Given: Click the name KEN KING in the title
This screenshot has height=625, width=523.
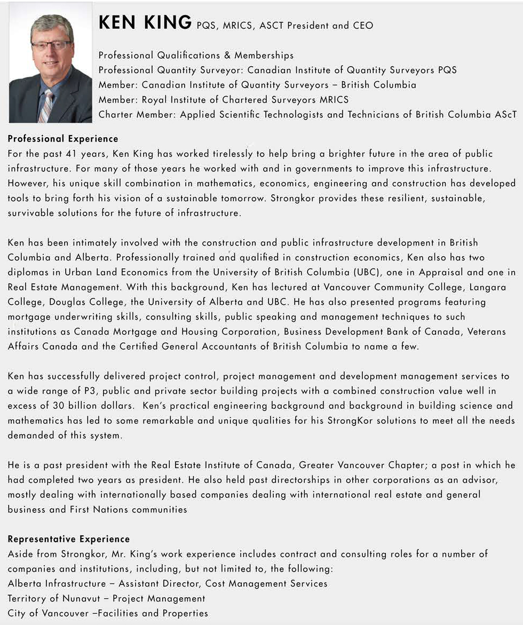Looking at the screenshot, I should point(145,23).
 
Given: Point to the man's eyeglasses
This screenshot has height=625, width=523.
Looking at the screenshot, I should point(51,45).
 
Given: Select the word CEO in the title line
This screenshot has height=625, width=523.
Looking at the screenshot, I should point(363,26).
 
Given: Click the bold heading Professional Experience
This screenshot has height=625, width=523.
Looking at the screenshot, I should point(63,139).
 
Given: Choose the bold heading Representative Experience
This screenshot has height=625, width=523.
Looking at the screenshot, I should point(69,539).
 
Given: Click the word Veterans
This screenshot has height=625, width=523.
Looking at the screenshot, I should point(486,331).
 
